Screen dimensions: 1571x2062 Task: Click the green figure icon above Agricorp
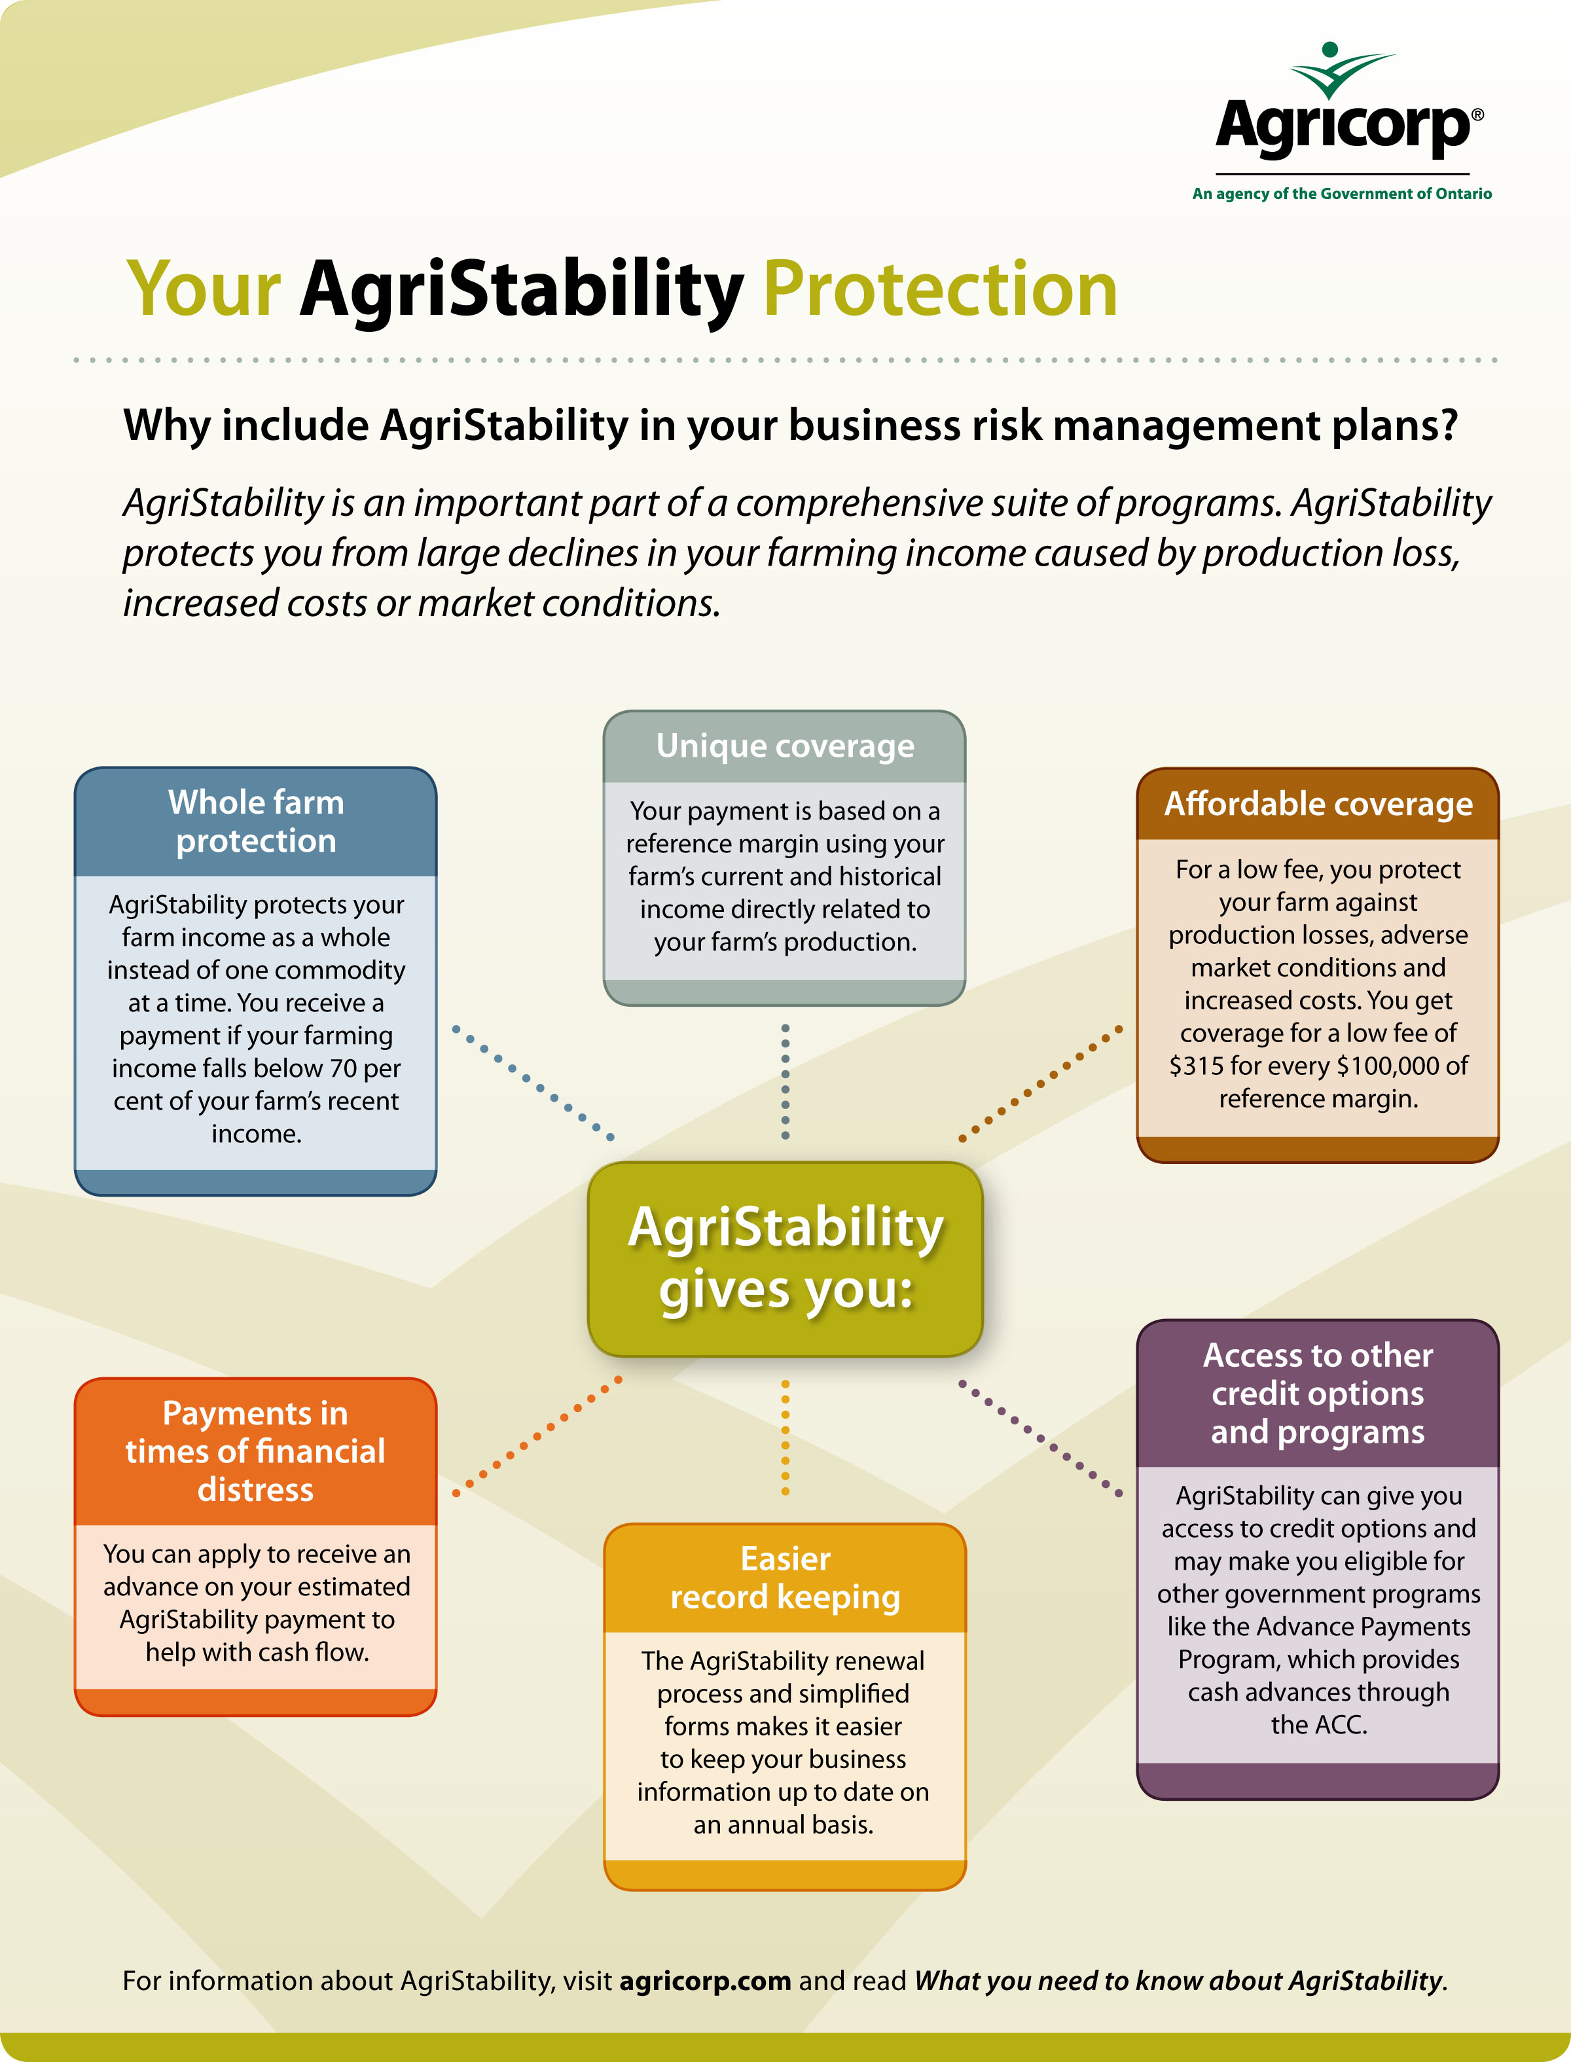(1341, 70)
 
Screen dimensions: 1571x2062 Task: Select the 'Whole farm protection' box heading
(256, 821)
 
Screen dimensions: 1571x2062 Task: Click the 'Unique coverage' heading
(785, 746)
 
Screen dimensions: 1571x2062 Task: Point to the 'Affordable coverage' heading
(1318, 803)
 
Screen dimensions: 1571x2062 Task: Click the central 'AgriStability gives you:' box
(785, 1259)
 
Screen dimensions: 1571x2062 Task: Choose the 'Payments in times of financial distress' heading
(255, 1451)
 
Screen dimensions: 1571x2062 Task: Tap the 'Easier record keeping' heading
(785, 1578)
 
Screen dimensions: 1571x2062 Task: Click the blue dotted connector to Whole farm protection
(533, 1083)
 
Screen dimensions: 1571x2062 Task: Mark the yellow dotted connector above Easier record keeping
(785, 1436)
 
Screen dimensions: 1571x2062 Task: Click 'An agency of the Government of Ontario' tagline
(1342, 194)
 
